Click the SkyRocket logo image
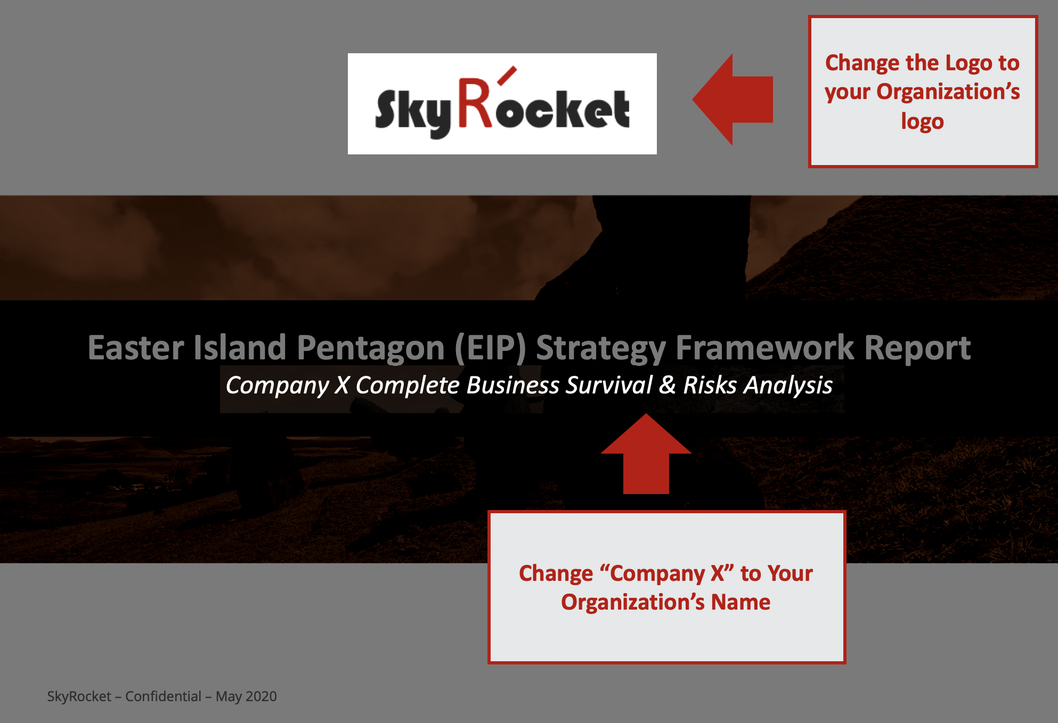point(502,104)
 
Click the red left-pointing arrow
point(733,100)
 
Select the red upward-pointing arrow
point(646,454)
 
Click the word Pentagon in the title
point(371,349)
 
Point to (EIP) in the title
point(490,348)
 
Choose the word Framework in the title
point(765,348)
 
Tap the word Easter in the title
point(136,348)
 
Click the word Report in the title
point(917,349)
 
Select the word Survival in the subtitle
point(609,385)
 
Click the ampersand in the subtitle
point(668,385)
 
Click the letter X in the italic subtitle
point(342,385)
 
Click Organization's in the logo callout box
point(948,92)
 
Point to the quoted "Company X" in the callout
point(666,574)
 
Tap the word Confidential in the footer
point(163,696)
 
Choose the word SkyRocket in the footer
point(79,697)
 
